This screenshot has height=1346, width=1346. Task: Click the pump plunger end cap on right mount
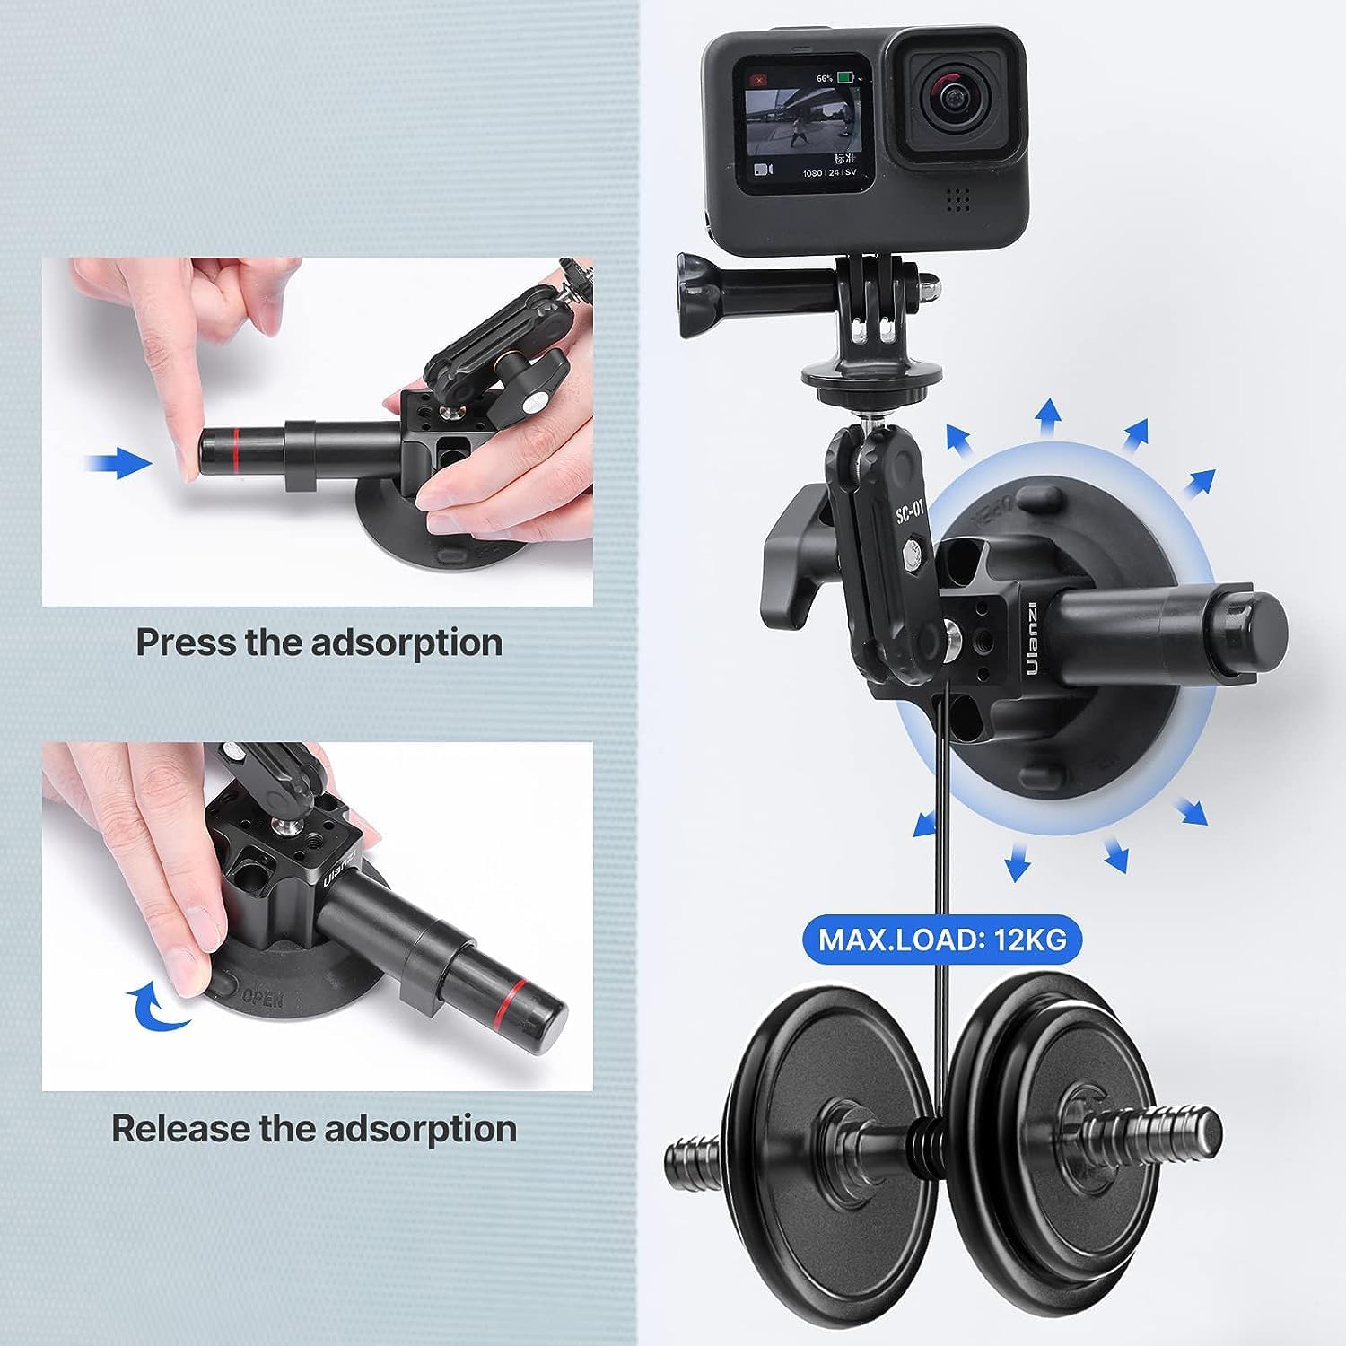(1256, 618)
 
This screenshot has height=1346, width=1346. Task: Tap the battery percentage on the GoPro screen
(824, 79)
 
